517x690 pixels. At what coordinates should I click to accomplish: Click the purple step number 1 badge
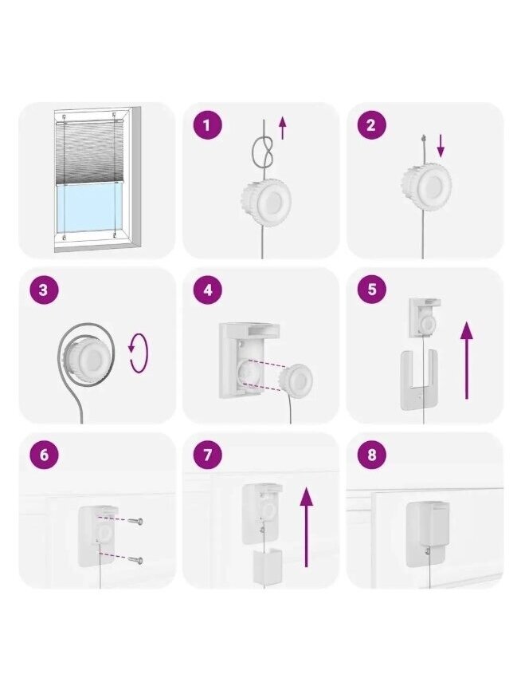(x=208, y=125)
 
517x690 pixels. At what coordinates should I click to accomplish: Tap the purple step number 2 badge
(x=371, y=125)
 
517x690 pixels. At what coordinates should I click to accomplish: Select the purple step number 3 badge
(x=44, y=290)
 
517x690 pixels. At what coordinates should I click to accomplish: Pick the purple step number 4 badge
(x=208, y=290)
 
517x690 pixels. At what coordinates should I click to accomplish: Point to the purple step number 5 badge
(x=371, y=290)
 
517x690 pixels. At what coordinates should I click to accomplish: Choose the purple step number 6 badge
(x=44, y=455)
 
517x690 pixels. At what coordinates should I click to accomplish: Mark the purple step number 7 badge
(x=208, y=455)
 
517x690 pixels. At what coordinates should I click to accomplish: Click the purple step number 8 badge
(x=371, y=455)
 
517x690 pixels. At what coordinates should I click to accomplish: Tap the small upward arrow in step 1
(x=283, y=128)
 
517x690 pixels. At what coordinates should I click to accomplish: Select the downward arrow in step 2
(x=441, y=146)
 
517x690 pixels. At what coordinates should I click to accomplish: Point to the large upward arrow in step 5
(x=467, y=360)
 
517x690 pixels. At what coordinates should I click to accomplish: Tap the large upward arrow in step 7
(x=307, y=527)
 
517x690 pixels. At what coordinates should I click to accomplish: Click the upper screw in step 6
(x=135, y=521)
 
